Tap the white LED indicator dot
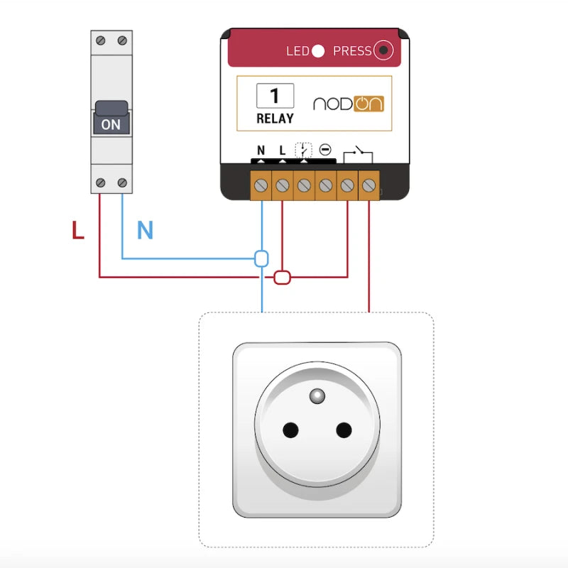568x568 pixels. tap(318, 50)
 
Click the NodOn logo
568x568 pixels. tap(348, 103)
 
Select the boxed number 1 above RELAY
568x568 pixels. tap(275, 96)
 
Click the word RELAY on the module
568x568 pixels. tap(275, 119)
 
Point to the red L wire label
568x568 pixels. tap(78, 230)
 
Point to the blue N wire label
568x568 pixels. tap(145, 230)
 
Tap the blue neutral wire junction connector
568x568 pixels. tap(261, 258)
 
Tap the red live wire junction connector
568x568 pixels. tap(283, 277)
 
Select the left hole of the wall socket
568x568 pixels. tap(290, 430)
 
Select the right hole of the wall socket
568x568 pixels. tap(344, 430)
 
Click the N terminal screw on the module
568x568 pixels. tap(261, 185)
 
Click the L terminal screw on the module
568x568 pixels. tap(282, 185)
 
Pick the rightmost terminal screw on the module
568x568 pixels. tap(368, 185)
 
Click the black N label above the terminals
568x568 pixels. tap(261, 151)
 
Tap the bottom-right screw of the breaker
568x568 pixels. tap(123, 184)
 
